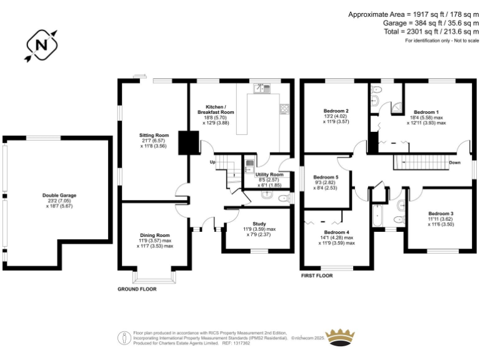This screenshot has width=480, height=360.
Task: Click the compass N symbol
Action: pyautogui.click(x=41, y=46)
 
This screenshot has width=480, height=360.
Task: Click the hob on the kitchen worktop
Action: pyautogui.click(x=284, y=109)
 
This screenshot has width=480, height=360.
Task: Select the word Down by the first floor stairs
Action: pyautogui.click(x=456, y=162)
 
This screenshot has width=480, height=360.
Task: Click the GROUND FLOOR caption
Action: pyautogui.click(x=137, y=289)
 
